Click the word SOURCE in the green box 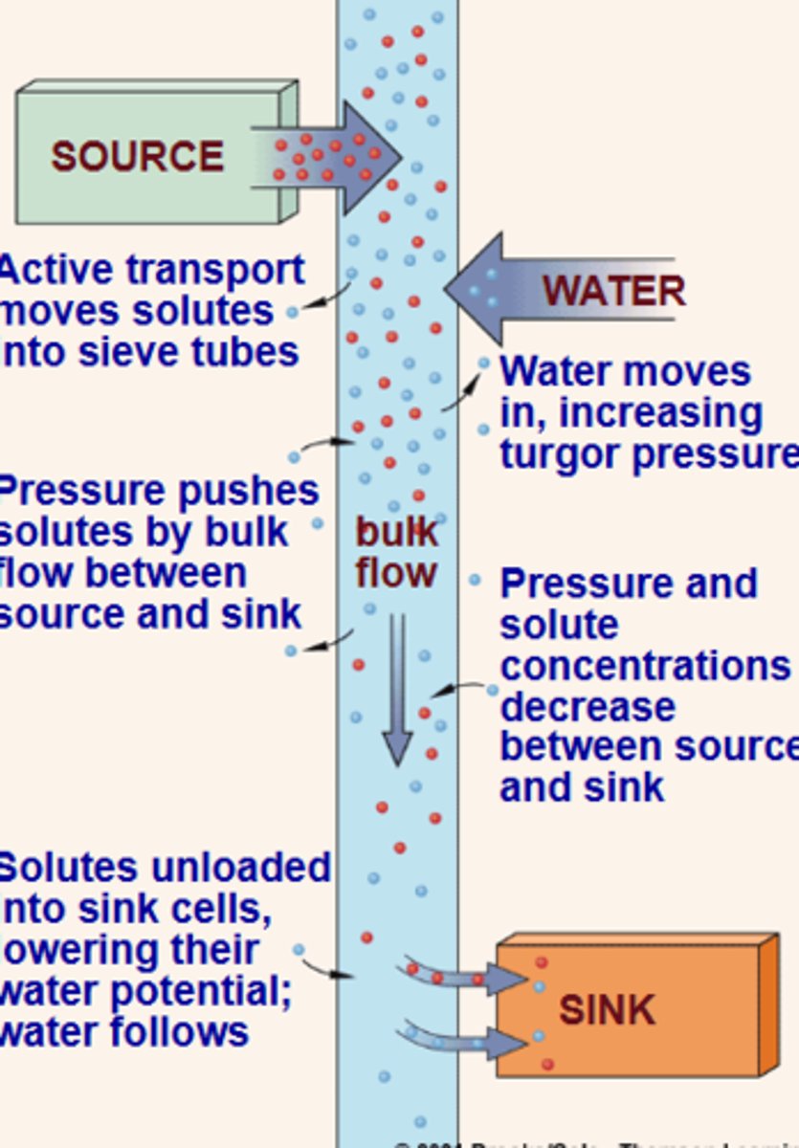[x=137, y=157]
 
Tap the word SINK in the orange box [x=607, y=1010]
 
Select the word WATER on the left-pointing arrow [x=613, y=290]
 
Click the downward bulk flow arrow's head [x=397, y=746]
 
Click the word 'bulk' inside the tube [x=395, y=532]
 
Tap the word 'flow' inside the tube [x=395, y=573]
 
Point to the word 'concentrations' [x=644, y=665]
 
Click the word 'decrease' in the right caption [x=587, y=706]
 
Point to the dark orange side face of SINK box [x=768, y=1004]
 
